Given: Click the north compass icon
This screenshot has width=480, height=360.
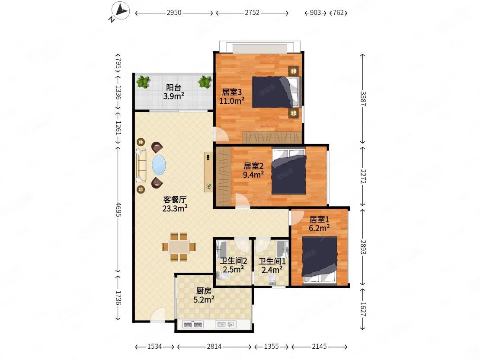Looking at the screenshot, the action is pos(121,11).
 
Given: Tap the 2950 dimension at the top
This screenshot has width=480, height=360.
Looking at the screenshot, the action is pos(174,13).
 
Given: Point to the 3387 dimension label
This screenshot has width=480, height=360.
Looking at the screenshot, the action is pos(363,99).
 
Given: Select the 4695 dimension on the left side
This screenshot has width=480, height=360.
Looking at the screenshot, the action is pos(118,210).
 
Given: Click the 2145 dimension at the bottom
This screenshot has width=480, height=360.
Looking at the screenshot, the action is pos(319,347).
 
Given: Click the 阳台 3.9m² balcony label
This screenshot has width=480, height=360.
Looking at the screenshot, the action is pos(173,92).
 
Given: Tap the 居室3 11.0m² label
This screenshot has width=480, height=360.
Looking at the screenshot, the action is pos(232,96).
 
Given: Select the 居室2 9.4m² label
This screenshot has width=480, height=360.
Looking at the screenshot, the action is pos(253,170).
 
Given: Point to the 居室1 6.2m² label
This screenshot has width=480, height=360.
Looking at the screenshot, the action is pos(319,223).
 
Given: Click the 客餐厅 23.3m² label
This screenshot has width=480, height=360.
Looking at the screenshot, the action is pos(175,204).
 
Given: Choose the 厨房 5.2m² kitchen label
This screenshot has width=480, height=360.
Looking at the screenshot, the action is pos(204,295).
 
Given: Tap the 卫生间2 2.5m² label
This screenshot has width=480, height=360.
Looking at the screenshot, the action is pos(233,265).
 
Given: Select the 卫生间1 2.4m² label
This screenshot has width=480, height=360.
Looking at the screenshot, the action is pos(272,265).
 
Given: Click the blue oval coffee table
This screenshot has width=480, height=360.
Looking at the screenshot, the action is pos(159,165).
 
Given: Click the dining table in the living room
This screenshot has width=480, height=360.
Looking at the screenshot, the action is pos(179,247).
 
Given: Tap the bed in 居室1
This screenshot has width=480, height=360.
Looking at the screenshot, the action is pos(320,259).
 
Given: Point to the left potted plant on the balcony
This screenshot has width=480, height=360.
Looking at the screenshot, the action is pos(143,82).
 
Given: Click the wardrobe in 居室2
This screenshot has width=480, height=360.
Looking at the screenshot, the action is pos(223,176).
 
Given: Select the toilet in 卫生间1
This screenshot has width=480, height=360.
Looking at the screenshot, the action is pos(272,280).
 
